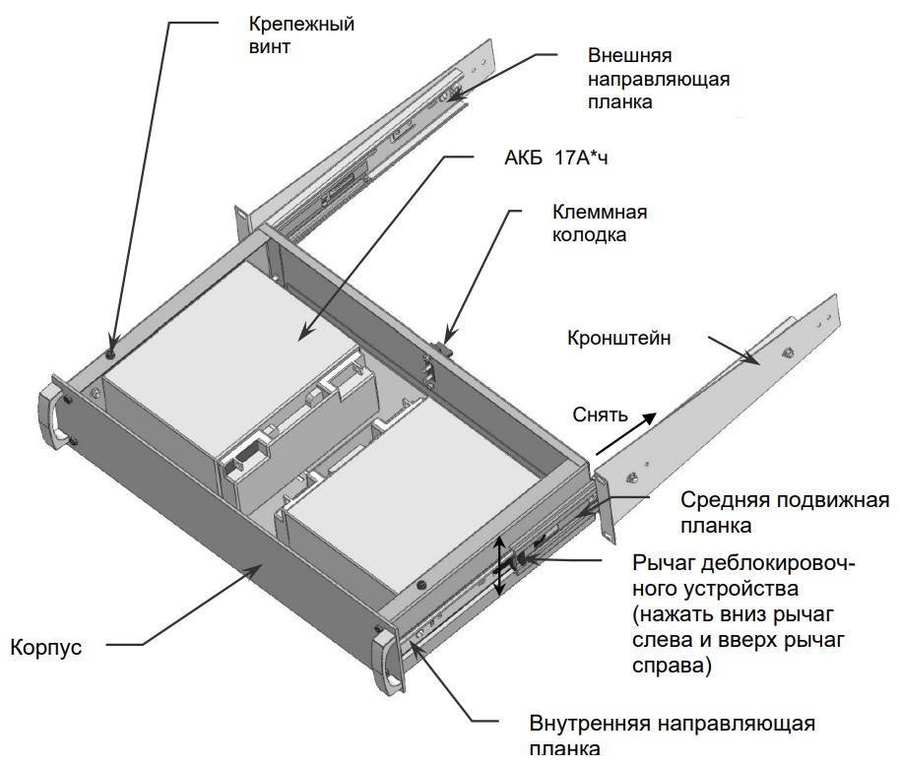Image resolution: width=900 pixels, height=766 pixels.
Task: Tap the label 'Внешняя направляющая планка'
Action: pos(659,78)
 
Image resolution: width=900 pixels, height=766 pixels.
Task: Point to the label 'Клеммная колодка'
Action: pos(600,223)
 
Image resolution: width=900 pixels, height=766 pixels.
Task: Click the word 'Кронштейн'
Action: pos(619,339)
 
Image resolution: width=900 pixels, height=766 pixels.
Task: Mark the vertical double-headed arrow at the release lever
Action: pos(500,566)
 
